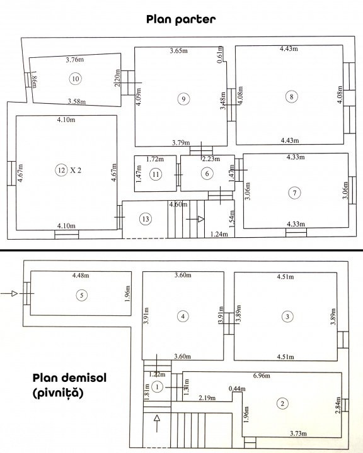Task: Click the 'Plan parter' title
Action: coord(181,20)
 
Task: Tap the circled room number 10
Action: coord(75,79)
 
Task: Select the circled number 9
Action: coord(183,99)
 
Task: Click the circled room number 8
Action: coord(292,96)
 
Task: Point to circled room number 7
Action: coord(295,193)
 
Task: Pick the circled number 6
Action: coord(207,174)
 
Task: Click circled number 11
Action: coord(156,174)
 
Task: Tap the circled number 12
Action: coord(61,170)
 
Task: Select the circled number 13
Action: coord(146,219)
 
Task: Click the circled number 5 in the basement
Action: coord(81,295)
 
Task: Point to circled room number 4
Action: coord(183,316)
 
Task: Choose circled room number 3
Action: coord(287,316)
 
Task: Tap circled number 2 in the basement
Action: coord(282,403)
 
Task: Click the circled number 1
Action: coord(157,387)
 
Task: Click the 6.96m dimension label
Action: coord(262,376)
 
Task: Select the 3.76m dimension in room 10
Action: coord(75,60)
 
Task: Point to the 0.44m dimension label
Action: coord(237,389)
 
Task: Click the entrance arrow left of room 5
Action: coord(9,294)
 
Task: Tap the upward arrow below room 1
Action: coord(157,423)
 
